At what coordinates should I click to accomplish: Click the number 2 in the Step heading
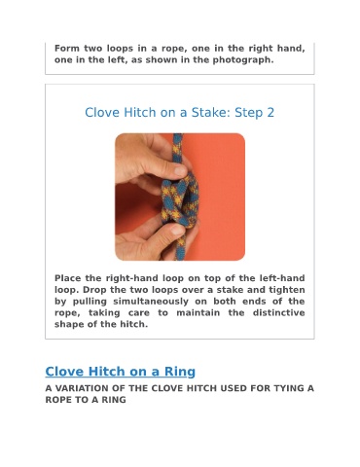[x=270, y=113]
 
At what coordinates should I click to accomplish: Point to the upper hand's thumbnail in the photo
[x=180, y=169]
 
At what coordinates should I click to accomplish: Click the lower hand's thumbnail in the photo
[x=178, y=230]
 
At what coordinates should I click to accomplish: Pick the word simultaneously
[x=151, y=302]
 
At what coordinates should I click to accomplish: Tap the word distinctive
[x=279, y=312]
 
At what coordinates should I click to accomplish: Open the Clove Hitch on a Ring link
[x=121, y=372]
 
